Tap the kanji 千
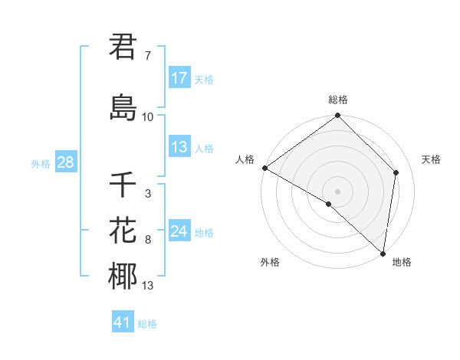coord(123,185)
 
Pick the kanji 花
coord(123,230)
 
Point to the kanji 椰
coord(123,276)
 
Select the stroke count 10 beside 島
coord(148,116)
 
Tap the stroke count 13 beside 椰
coord(148,286)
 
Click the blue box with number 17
coord(179,77)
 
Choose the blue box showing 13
coord(179,147)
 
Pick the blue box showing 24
coord(179,231)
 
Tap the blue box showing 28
coord(65,162)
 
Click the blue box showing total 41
coord(123,322)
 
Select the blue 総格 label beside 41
coord(147,324)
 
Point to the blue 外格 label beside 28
coord(41,163)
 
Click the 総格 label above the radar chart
coord(337,100)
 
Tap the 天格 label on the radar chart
coord(431,159)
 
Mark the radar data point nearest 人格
coord(264,168)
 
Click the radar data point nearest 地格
coord(383,254)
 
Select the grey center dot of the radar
coord(337,191)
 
